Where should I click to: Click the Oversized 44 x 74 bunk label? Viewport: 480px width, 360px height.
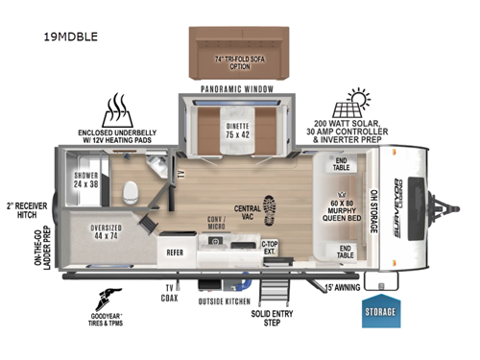click(107, 231)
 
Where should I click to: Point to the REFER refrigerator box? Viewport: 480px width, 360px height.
click(176, 254)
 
